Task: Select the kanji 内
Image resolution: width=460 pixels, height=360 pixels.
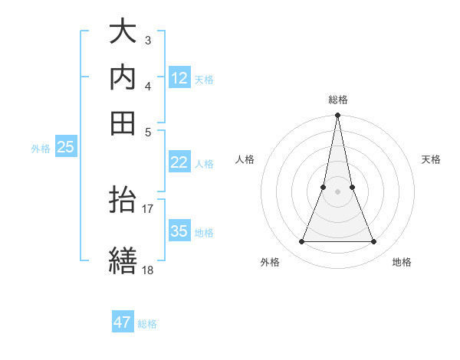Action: [x=123, y=78]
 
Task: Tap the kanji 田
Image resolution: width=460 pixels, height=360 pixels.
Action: [x=123, y=123]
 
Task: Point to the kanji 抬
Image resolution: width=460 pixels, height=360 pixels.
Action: [x=123, y=201]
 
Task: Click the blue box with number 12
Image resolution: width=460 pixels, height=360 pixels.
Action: [x=179, y=77]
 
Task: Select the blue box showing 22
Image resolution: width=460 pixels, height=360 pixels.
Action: [x=179, y=162]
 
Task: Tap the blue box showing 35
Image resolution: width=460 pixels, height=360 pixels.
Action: [x=179, y=231]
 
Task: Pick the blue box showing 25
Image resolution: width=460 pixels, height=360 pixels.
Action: [x=66, y=148]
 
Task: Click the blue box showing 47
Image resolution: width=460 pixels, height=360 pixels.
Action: [x=123, y=322]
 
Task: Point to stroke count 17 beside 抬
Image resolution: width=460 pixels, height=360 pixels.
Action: [x=148, y=208]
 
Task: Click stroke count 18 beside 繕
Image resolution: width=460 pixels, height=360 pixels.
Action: [x=148, y=270]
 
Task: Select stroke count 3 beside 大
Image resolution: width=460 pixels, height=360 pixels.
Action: [x=148, y=40]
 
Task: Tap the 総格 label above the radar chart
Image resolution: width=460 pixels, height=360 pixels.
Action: [x=338, y=100]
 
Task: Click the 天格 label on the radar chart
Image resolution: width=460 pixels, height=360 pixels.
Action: [x=432, y=159]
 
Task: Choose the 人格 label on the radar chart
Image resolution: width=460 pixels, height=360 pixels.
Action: [x=245, y=159]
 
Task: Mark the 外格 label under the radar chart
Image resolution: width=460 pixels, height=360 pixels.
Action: [x=270, y=263]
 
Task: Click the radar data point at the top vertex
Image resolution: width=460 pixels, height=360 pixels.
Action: [x=338, y=116]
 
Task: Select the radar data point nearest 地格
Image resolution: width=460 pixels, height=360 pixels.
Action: [x=374, y=242]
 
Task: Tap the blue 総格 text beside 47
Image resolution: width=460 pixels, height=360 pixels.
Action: [x=147, y=324]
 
